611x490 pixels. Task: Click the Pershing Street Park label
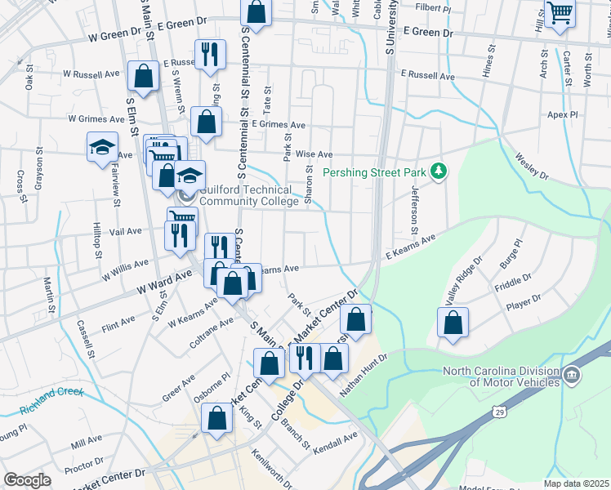[376, 173]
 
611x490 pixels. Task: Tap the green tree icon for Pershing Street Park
[439, 170]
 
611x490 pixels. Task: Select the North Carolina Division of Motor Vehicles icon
[573, 375]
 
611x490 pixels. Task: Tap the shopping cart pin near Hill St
[560, 12]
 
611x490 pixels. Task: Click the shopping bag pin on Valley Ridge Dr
[453, 322]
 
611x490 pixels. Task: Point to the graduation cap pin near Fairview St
[103, 148]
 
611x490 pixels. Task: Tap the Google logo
[28, 479]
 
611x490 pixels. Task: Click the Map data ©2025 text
[576, 483]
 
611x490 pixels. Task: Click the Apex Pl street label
[562, 115]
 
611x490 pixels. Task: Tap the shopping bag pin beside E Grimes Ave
[206, 122]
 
